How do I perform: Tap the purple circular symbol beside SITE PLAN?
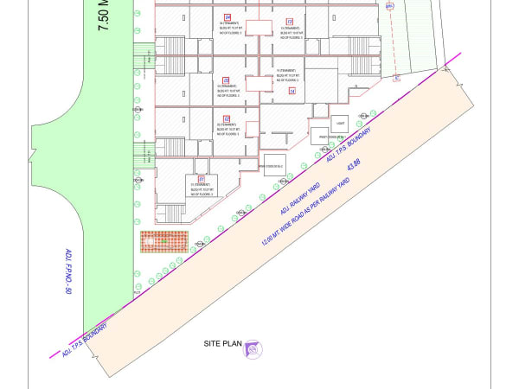253,349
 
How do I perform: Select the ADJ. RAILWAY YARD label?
300,197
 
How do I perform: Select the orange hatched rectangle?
164,241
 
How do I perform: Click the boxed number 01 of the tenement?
201,179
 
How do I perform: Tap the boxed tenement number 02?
227,118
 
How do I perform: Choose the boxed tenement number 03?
227,80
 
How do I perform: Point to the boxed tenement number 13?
289,20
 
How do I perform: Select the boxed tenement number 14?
292,91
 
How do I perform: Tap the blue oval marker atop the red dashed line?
389,6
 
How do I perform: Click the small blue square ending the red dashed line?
396,78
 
